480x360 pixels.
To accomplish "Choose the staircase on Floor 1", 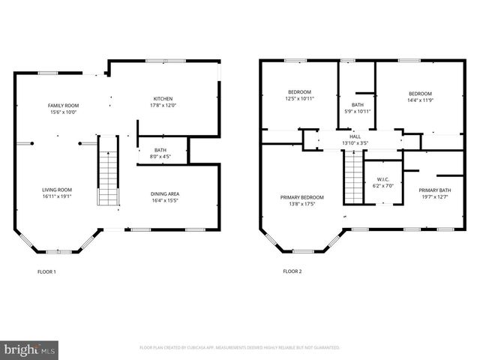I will pos(108,172).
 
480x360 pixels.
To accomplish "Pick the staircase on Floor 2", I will pos(352,177).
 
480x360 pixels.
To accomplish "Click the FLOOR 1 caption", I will pos(46,271).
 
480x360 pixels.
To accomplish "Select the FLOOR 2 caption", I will pos(292,271).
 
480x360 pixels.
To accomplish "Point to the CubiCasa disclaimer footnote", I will pos(240,348).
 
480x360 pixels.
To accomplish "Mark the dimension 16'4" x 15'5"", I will pos(166,201).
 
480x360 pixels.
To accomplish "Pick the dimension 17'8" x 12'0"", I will pos(164,106).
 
